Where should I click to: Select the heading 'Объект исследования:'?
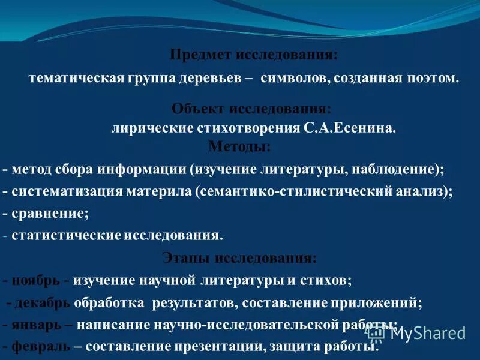click(x=251, y=109)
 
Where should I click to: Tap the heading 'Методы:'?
click(x=239, y=146)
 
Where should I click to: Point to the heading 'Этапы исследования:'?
click(x=239, y=259)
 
